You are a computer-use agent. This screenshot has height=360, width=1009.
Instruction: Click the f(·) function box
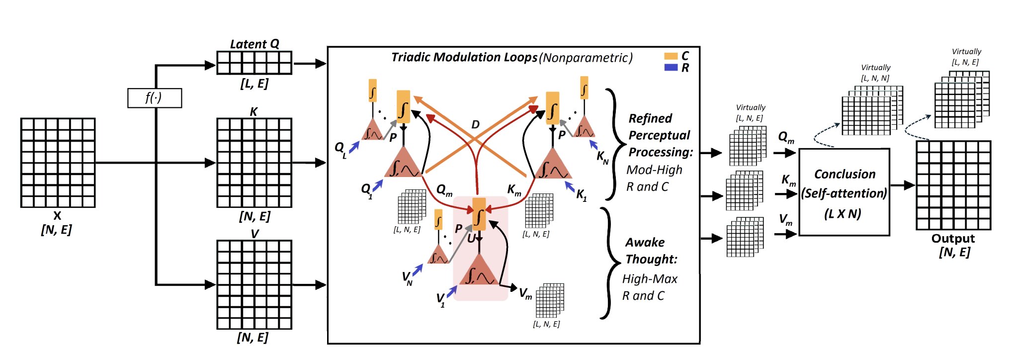pyautogui.click(x=155, y=98)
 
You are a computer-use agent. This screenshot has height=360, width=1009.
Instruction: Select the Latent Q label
pyautogui.click(x=254, y=44)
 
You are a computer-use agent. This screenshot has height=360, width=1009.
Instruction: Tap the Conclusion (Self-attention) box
pyautogui.click(x=844, y=192)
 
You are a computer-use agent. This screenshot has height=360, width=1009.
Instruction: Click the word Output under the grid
pyautogui.click(x=953, y=239)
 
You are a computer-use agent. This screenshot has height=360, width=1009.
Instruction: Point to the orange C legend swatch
pyautogui.click(x=671, y=56)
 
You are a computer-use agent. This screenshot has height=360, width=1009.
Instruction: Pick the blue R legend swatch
pyautogui.click(x=671, y=67)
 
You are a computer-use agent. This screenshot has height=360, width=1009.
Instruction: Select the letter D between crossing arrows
pyautogui.click(x=476, y=124)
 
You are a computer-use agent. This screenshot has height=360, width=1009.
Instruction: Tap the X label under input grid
pyautogui.click(x=57, y=216)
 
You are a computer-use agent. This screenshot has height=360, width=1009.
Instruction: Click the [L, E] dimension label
pyautogui.click(x=254, y=84)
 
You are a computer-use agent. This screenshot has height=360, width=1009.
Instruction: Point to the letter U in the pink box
pyautogui.click(x=471, y=239)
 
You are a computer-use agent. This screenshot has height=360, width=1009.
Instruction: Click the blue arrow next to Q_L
pyautogui.click(x=354, y=147)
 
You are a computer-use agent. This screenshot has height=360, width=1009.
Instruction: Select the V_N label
pyautogui.click(x=408, y=278)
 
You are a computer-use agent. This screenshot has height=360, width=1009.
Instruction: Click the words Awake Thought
pyautogui.click(x=651, y=251)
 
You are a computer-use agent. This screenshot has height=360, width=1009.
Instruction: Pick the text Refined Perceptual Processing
pyautogui.click(x=660, y=135)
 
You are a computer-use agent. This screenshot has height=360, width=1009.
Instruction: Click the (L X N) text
pyautogui.click(x=842, y=214)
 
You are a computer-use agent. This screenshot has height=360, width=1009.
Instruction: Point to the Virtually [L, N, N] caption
pyautogui.click(x=875, y=73)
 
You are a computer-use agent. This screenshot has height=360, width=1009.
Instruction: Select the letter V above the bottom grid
pyautogui.click(x=254, y=234)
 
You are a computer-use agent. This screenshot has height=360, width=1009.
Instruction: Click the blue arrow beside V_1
pyautogui.click(x=452, y=292)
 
